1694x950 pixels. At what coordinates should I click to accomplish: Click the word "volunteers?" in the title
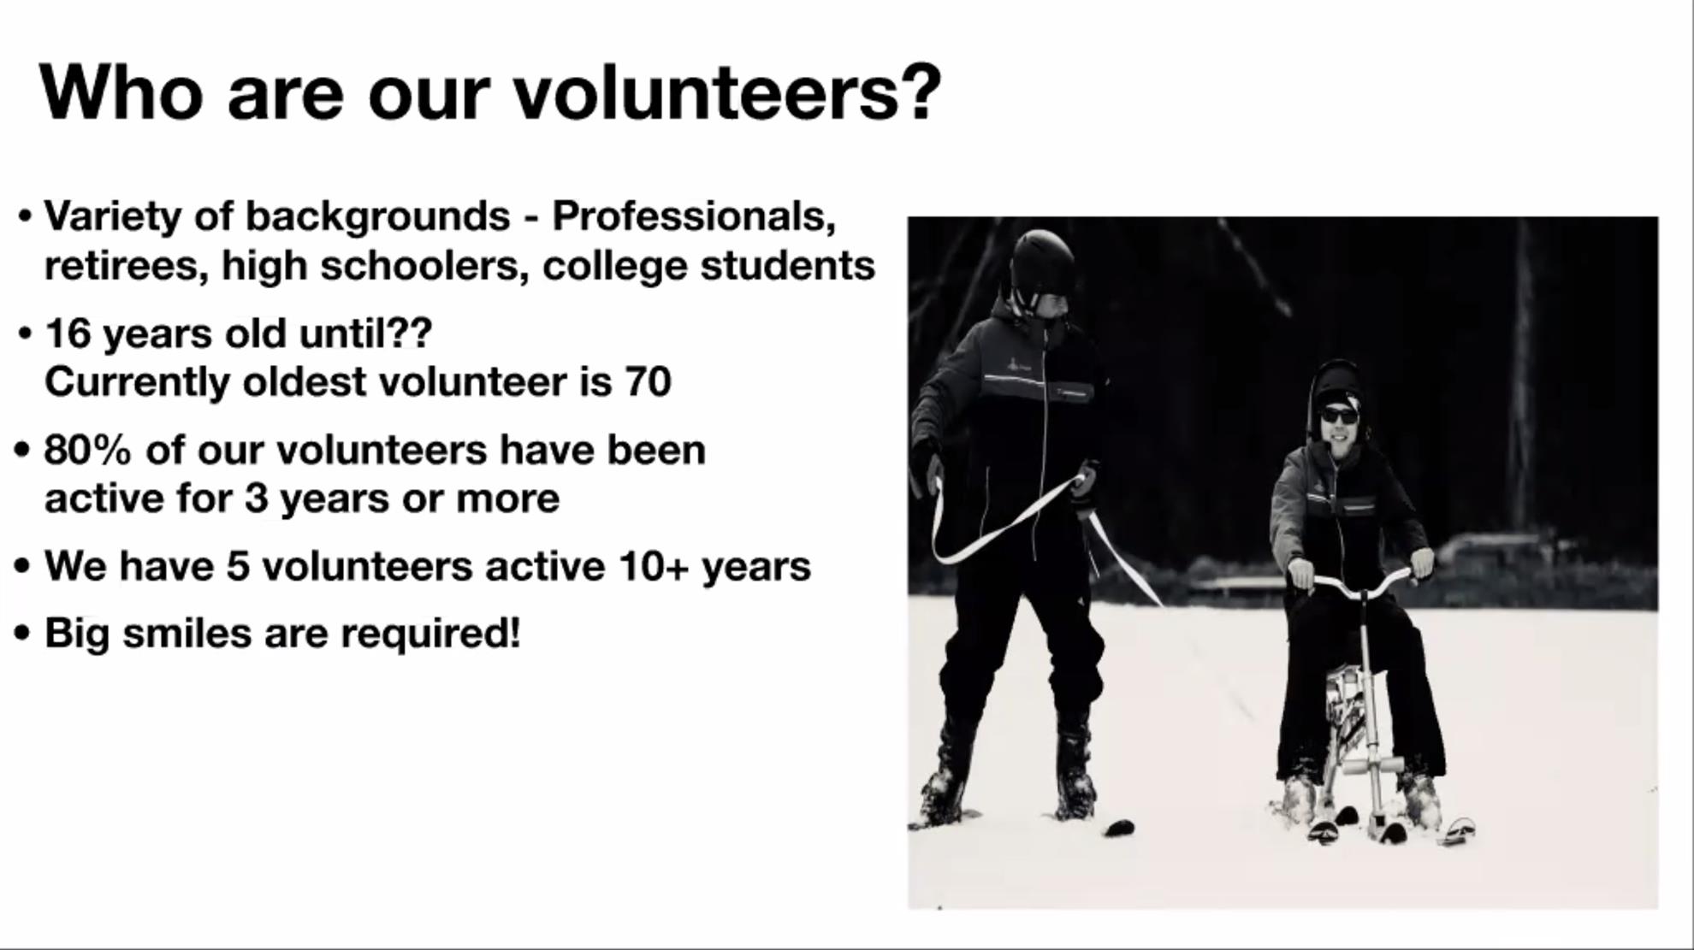(x=726, y=93)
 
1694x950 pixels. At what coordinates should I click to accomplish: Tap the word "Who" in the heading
(x=121, y=93)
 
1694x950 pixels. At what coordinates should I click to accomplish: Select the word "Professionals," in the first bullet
(x=694, y=216)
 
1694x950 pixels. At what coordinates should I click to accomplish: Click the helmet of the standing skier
(x=1042, y=262)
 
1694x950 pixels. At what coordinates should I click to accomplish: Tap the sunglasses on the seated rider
(x=1339, y=416)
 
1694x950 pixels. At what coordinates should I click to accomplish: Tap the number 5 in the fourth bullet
(x=237, y=567)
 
